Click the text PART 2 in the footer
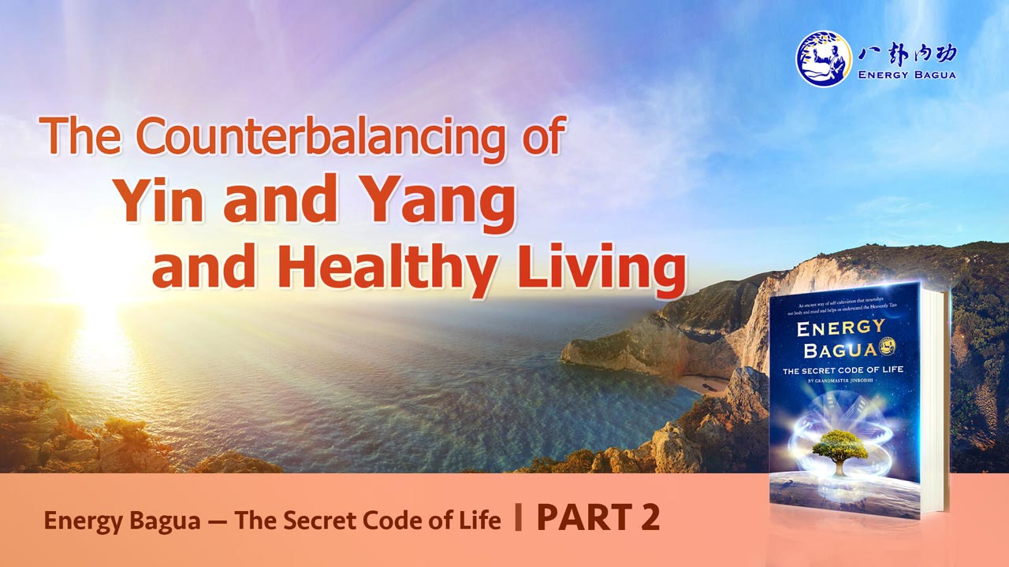598,518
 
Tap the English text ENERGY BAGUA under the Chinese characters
906,76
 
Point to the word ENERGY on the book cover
841,328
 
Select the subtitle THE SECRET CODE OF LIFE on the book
841,372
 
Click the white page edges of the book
935,402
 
